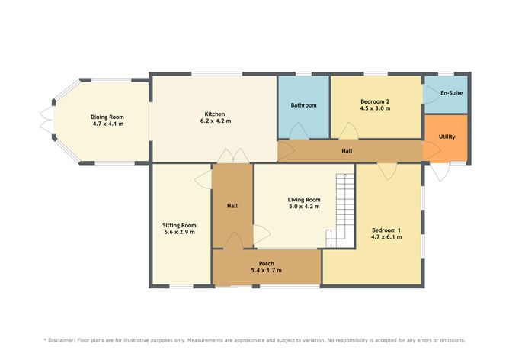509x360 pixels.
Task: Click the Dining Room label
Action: point(107,117)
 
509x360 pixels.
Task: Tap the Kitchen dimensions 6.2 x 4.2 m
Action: point(216,121)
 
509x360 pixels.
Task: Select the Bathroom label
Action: point(303,105)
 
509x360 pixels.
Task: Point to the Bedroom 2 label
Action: point(375,101)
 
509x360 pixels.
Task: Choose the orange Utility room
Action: point(445,138)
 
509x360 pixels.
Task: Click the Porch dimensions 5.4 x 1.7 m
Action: point(267,270)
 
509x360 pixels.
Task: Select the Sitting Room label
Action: point(179,225)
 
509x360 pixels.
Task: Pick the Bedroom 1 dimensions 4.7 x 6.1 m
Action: point(386,237)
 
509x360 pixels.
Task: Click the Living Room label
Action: point(304,200)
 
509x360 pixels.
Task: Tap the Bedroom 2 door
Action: point(349,130)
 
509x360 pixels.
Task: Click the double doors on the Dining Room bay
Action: point(46,121)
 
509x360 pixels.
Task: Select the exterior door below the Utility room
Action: point(440,172)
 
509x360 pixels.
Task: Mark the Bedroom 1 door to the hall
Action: point(387,172)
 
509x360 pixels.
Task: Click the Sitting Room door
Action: point(204,179)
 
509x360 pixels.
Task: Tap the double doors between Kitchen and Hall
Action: point(233,156)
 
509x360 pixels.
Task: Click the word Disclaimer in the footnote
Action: point(62,340)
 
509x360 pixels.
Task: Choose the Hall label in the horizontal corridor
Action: point(347,151)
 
